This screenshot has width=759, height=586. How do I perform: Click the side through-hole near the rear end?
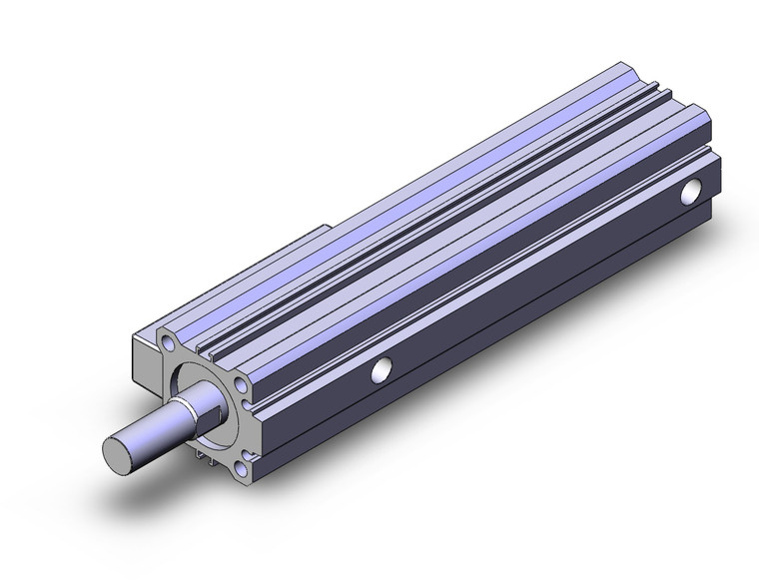(x=690, y=191)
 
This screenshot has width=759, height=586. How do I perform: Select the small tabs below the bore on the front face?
(x=207, y=456)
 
